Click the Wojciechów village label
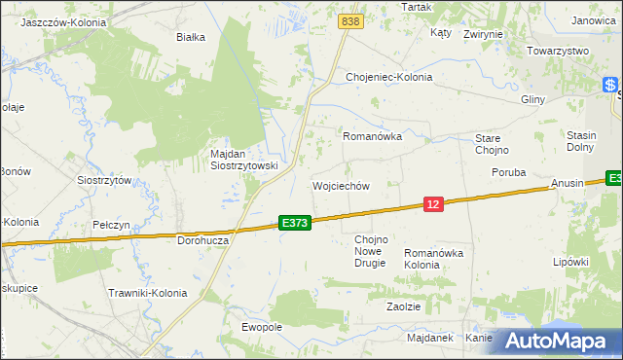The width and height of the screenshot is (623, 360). point(340,186)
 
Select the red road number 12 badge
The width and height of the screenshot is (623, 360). point(434,203)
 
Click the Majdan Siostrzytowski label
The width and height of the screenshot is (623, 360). point(244,160)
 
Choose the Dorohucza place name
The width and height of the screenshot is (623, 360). point(202,239)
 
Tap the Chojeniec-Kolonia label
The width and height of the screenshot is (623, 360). point(388,77)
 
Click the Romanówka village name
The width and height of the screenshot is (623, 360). point(372,137)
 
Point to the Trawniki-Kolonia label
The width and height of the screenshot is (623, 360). point(147,292)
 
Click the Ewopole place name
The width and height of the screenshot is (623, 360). point(261,327)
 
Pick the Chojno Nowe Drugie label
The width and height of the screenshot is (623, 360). point(370,251)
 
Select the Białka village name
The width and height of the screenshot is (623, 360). point(190,38)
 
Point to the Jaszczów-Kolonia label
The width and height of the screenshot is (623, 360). point(62,20)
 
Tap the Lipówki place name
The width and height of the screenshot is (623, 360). point(571,262)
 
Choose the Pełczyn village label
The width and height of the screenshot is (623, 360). point(111,225)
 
